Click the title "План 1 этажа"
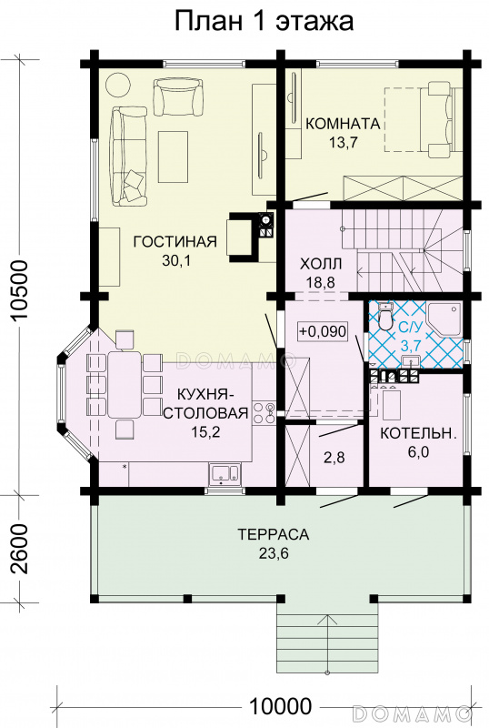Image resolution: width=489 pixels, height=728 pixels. point(264,21)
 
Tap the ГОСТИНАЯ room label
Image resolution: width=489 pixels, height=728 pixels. point(175,242)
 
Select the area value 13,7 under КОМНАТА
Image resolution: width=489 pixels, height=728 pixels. point(344,143)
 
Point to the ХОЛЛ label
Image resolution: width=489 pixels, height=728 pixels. point(321,264)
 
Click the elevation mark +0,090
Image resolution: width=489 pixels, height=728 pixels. point(323,331)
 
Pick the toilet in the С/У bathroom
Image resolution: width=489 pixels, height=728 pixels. point(384,316)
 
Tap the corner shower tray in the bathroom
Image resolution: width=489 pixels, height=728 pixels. point(444,319)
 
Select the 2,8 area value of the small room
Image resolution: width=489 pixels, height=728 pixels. point(334,458)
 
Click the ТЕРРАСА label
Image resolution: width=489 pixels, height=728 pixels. point(274,534)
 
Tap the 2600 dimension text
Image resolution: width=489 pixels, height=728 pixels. point(21,549)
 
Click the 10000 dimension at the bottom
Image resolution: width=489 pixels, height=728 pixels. point(280,707)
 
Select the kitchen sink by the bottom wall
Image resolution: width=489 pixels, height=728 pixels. point(225,473)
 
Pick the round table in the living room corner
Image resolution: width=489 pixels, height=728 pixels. point(119,84)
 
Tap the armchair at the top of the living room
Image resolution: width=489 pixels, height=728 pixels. point(178,96)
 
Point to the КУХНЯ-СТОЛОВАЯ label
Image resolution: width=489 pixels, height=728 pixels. point(206,404)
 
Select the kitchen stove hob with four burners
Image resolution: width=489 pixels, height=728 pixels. point(263,412)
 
